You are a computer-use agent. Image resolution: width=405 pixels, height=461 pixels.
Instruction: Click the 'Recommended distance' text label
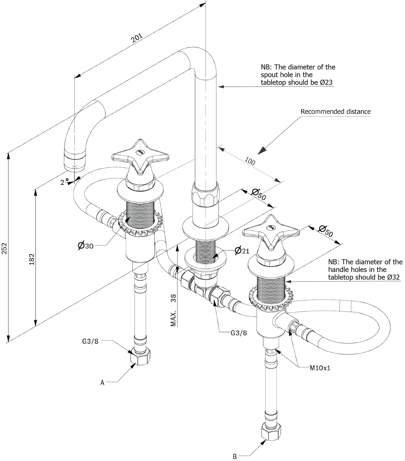(x=336, y=112)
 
